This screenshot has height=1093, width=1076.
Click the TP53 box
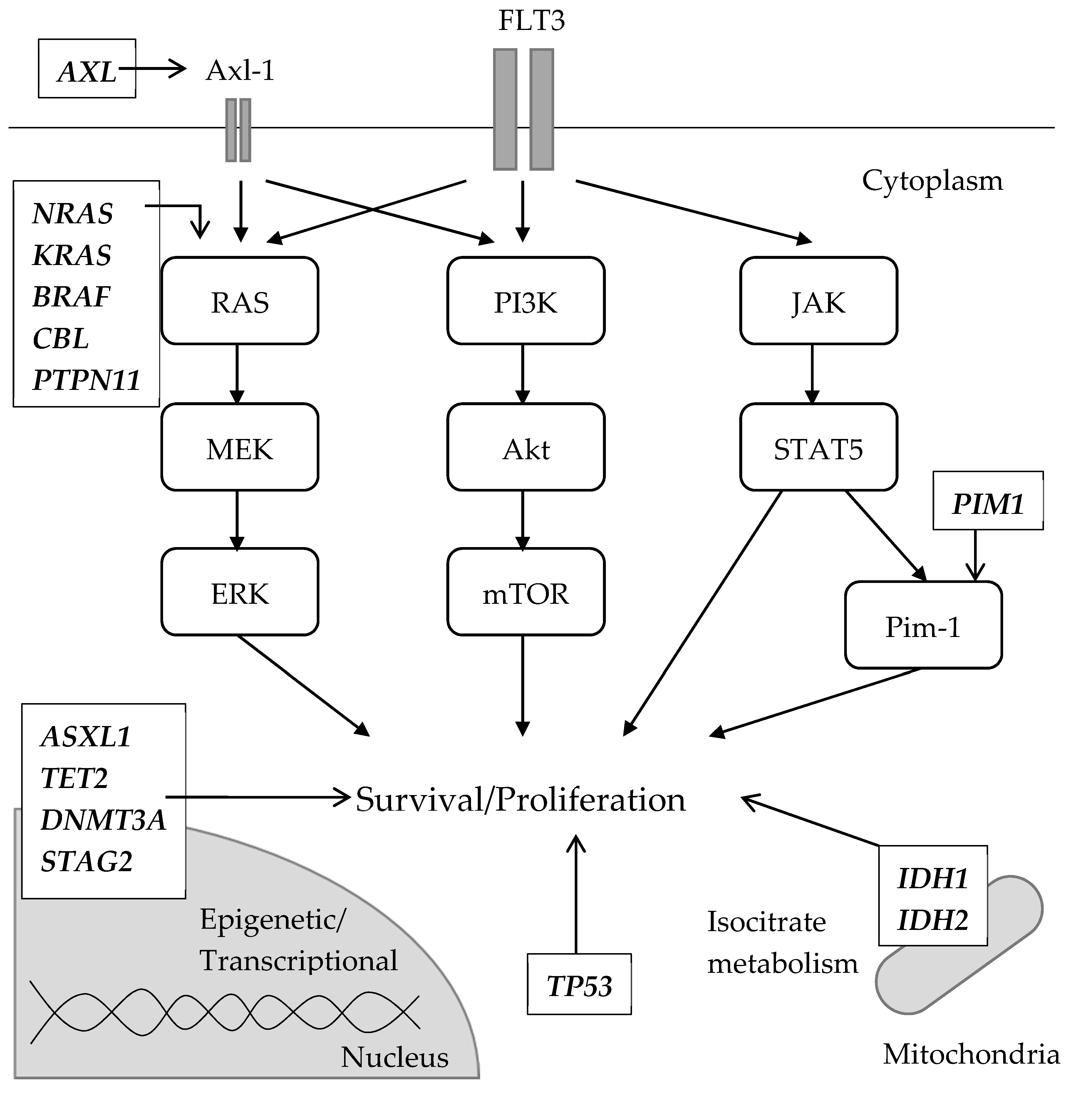coord(579,986)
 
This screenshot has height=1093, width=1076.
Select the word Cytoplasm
coord(932,181)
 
